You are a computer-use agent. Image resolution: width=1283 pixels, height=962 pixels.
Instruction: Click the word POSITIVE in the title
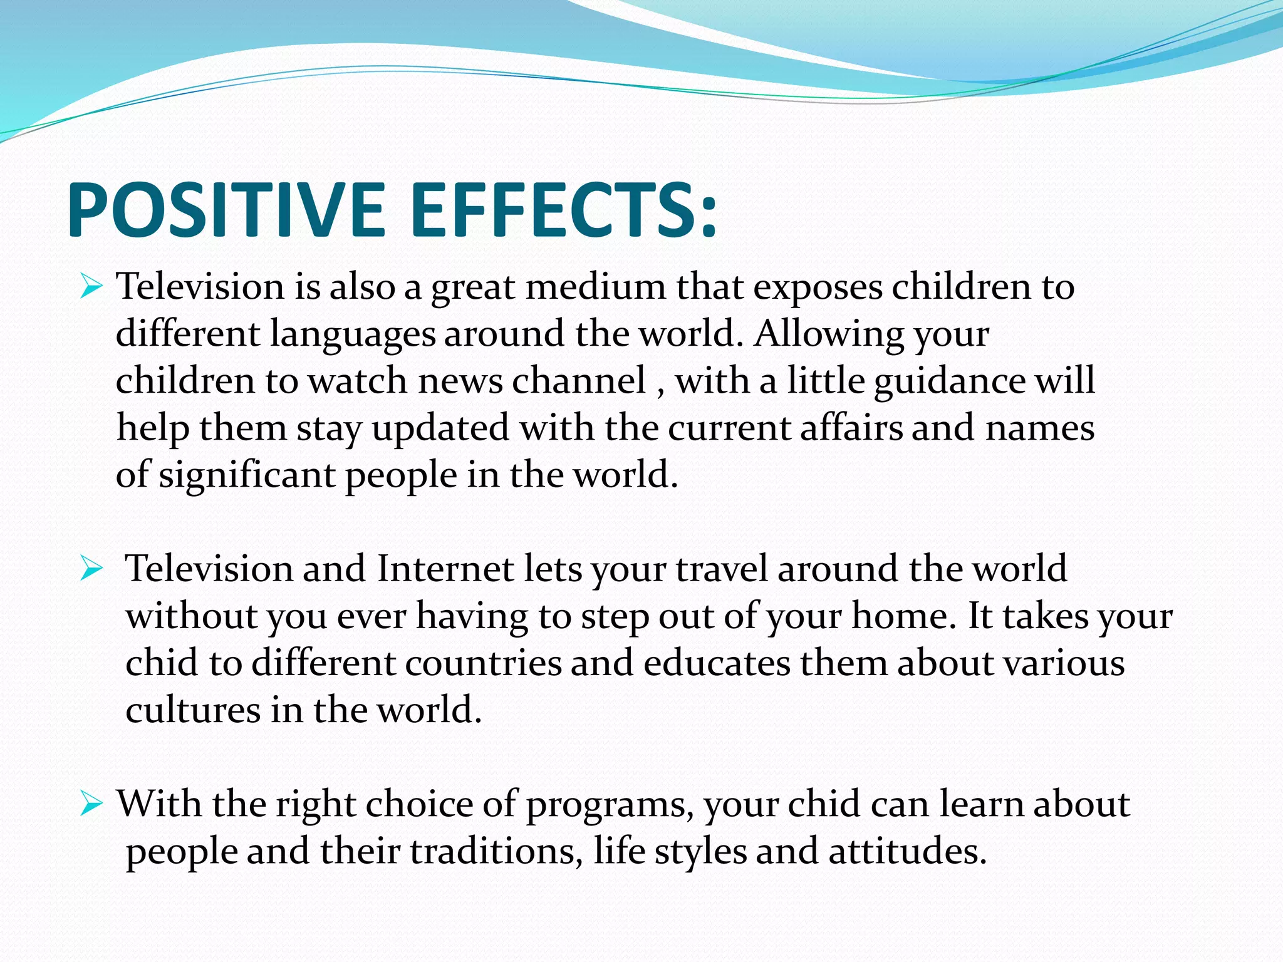click(226, 210)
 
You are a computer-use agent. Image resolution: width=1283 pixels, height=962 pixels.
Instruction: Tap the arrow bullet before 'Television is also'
click(91, 289)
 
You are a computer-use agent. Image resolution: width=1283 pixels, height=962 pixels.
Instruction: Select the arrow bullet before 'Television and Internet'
click(91, 571)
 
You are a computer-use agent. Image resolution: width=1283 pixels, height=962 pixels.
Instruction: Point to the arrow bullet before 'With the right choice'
click(91, 805)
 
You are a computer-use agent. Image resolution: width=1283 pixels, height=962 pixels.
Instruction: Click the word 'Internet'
click(445, 569)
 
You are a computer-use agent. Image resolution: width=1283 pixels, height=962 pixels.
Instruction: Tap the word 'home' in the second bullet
click(903, 616)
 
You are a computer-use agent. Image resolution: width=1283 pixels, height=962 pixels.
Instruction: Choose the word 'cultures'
click(193, 710)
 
